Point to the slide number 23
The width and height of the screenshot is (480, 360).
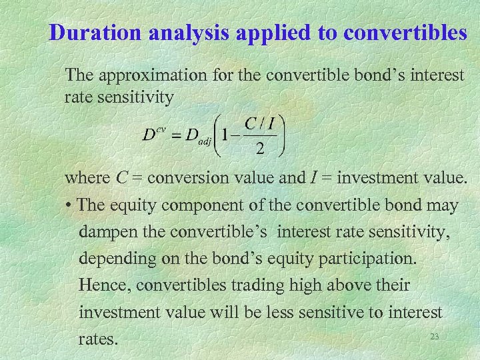pyautogui.click(x=435, y=336)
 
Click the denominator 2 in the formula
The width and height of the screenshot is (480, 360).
pyautogui.click(x=259, y=148)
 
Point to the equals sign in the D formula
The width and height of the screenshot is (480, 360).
pyautogui.click(x=177, y=134)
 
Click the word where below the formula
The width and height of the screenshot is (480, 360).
pyautogui.click(x=87, y=178)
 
